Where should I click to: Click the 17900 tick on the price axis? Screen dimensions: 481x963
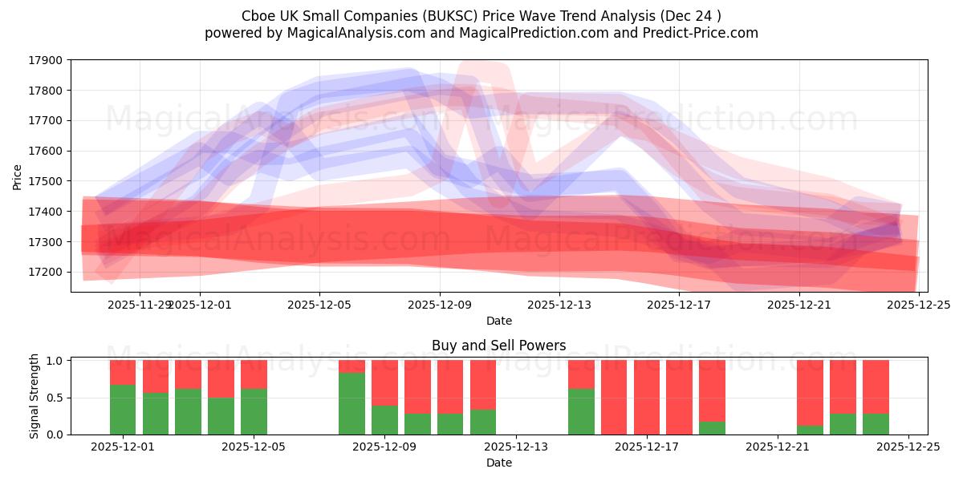[47, 60]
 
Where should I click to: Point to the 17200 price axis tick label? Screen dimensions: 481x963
[47, 272]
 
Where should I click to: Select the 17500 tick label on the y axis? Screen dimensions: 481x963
[47, 181]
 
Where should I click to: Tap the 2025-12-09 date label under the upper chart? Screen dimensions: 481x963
[439, 305]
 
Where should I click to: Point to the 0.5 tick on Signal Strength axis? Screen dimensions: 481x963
[55, 398]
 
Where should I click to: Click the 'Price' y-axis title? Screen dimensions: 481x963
[18, 176]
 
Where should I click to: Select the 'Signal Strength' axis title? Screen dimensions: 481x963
[35, 395]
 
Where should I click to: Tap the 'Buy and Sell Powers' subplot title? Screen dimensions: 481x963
[498, 346]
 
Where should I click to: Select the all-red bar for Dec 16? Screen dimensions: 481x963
[614, 397]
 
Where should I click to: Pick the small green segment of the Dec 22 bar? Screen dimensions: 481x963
[810, 430]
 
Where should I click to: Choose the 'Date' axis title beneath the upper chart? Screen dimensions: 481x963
[498, 321]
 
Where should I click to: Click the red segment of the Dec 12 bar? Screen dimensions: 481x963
[483, 385]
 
